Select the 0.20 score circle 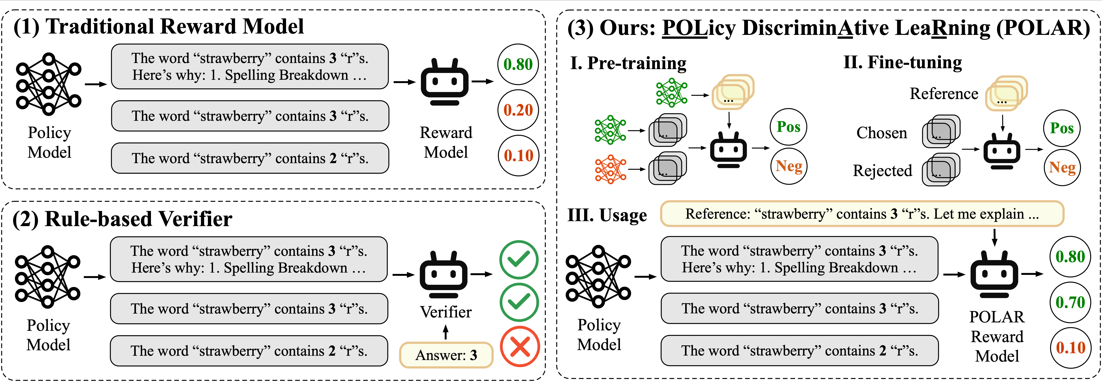point(518,110)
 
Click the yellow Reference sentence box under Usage point(862,213)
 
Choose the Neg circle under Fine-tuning point(1062,167)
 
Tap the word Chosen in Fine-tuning point(881,133)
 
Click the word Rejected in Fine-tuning point(882,170)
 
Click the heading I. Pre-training point(628,63)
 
